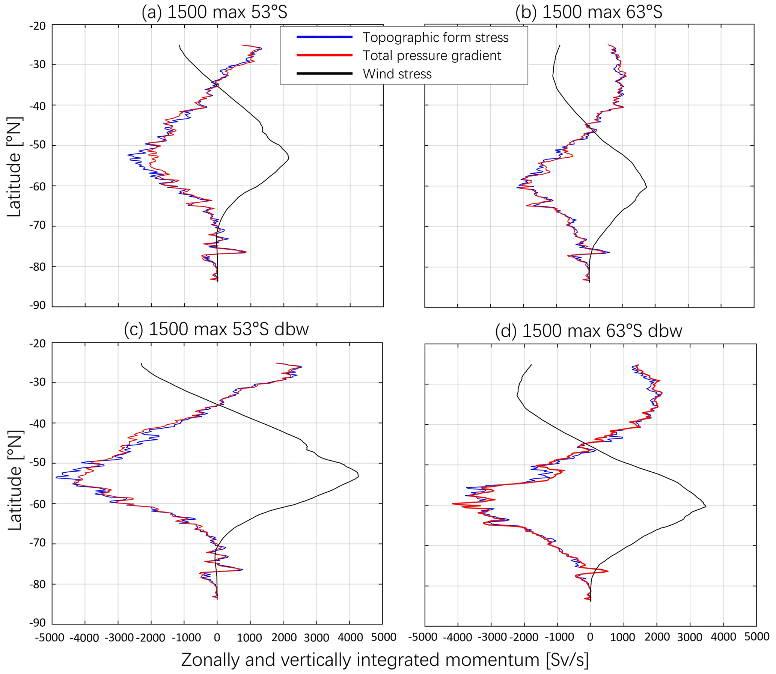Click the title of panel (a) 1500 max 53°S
(x=214, y=12)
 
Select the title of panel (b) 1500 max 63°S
(x=589, y=12)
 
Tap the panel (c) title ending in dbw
(x=216, y=329)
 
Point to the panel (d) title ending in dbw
(x=588, y=331)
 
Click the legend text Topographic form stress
(x=435, y=38)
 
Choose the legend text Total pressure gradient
(x=432, y=56)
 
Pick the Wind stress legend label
(x=397, y=74)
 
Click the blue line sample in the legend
(x=324, y=37)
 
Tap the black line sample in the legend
(x=324, y=74)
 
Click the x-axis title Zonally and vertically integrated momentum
(x=384, y=660)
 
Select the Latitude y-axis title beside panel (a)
(x=14, y=167)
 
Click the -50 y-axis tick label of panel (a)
(x=37, y=146)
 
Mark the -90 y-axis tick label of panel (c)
(x=37, y=623)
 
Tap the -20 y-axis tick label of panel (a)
(x=37, y=26)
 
